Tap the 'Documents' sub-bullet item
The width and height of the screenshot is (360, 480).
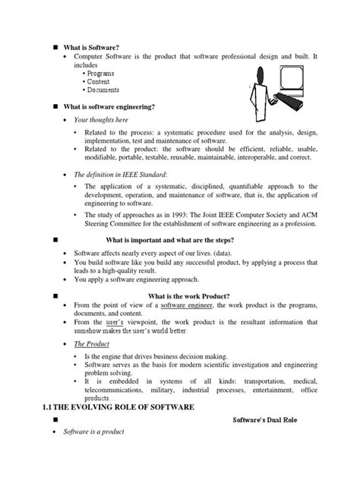106,90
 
